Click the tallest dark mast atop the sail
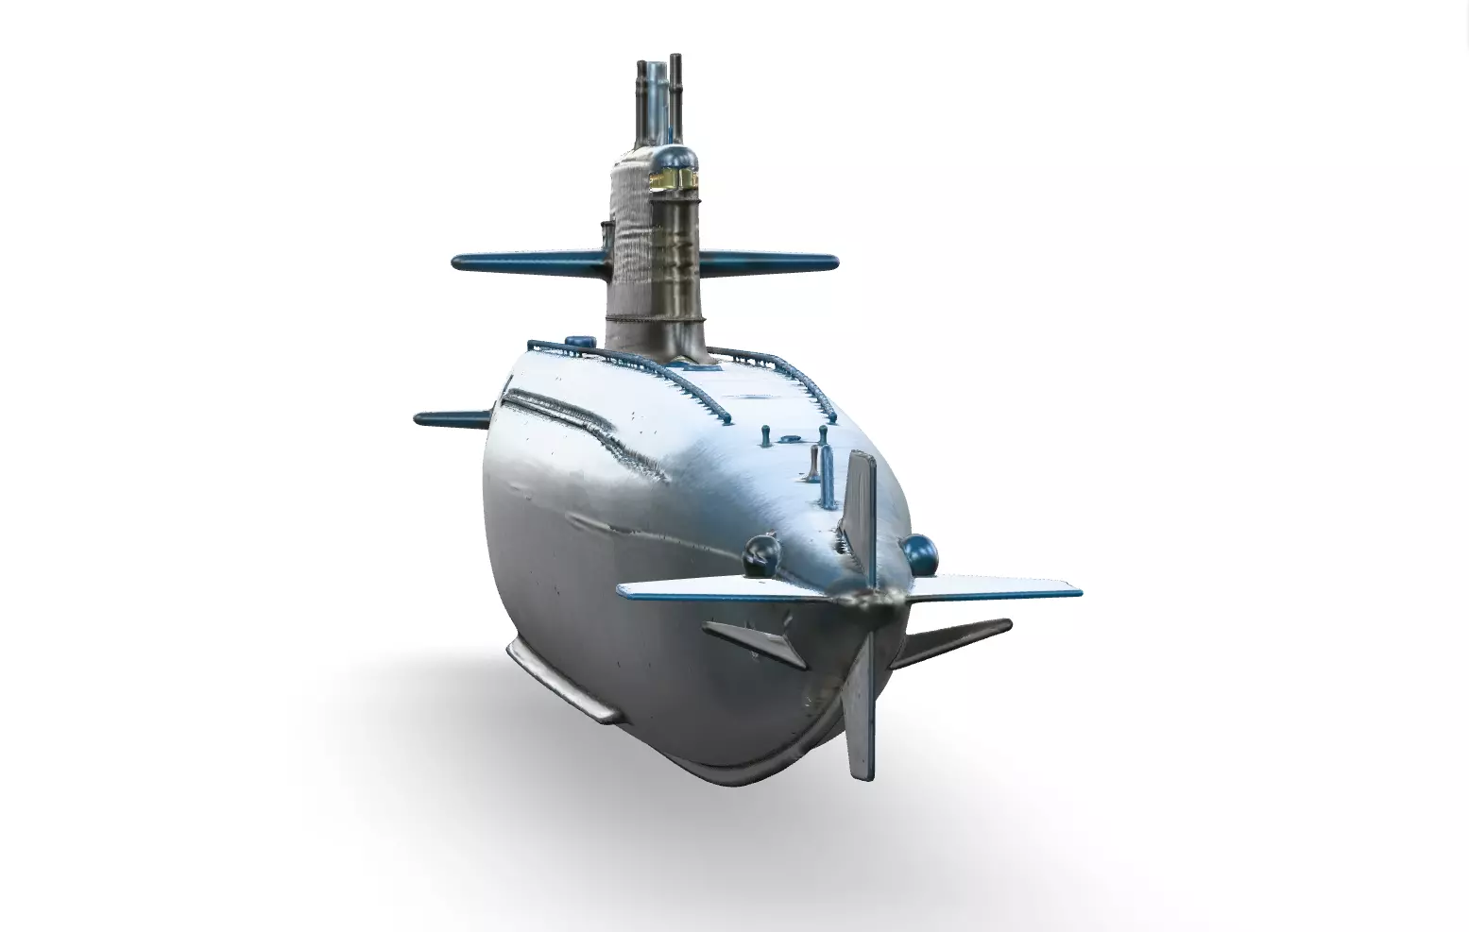tap(675, 90)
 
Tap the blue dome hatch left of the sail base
tap(575, 340)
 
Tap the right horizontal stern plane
tap(992, 590)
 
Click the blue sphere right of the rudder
tap(917, 551)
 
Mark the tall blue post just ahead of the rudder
tap(828, 477)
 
